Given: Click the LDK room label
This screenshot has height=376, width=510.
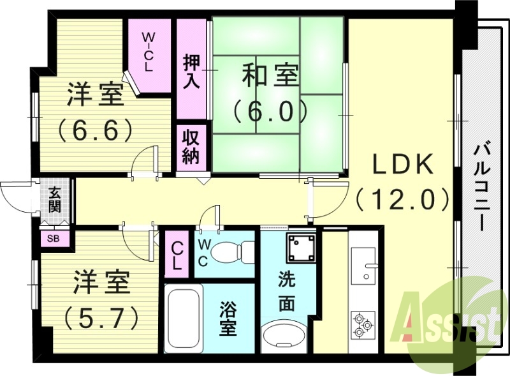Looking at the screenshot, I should tap(403, 165).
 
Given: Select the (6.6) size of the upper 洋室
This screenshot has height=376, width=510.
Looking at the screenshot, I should tap(96, 130).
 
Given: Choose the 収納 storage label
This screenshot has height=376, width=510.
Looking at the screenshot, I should tap(191, 146).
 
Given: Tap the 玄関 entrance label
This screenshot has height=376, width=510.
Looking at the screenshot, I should tap(55, 199).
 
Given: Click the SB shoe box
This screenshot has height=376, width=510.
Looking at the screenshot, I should tap(52, 239).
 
